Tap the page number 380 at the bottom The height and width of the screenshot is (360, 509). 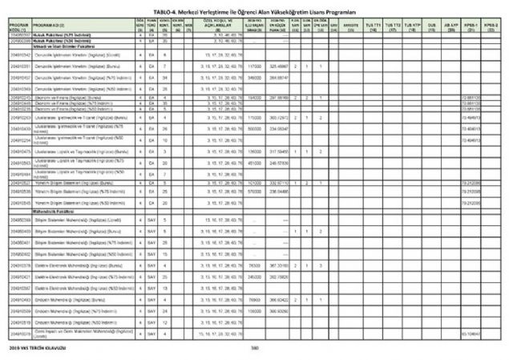coord(254,347)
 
